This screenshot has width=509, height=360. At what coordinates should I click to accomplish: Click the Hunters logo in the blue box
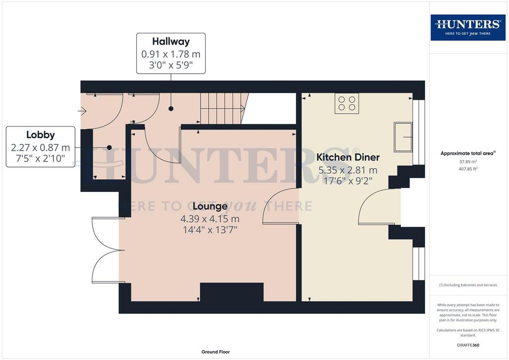tap(468, 27)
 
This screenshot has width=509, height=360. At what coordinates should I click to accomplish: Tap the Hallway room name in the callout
tap(171, 42)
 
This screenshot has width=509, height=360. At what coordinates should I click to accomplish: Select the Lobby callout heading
tap(40, 135)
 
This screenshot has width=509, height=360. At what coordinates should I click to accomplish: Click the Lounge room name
tap(210, 206)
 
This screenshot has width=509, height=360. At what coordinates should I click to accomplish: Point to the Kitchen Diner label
tap(347, 157)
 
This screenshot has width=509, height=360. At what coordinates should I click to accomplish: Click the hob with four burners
tap(346, 103)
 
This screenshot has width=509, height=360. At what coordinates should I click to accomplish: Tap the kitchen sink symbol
tap(403, 137)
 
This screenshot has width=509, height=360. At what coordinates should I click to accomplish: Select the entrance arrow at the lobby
tap(82, 111)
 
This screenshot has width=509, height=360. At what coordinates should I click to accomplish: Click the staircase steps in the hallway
tap(225, 108)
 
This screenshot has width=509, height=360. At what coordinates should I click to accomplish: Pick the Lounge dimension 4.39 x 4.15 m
tap(210, 218)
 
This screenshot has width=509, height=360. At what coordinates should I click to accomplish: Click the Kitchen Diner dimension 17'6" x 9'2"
tap(347, 181)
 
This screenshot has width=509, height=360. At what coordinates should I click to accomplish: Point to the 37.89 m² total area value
tap(468, 162)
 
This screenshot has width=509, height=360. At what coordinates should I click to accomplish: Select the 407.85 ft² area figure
tap(468, 169)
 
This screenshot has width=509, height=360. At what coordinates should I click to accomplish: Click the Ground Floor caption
tap(216, 352)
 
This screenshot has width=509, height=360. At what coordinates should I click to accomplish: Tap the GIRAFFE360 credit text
tap(468, 345)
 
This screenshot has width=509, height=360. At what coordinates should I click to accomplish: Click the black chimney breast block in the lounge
tap(232, 292)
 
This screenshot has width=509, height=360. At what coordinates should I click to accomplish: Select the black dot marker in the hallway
tap(171, 109)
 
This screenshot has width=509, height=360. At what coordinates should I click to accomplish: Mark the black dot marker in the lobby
tap(109, 147)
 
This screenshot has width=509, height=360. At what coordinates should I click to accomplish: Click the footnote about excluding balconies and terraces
tap(468, 285)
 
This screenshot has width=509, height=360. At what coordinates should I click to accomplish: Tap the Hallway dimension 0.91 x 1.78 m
tap(171, 54)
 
